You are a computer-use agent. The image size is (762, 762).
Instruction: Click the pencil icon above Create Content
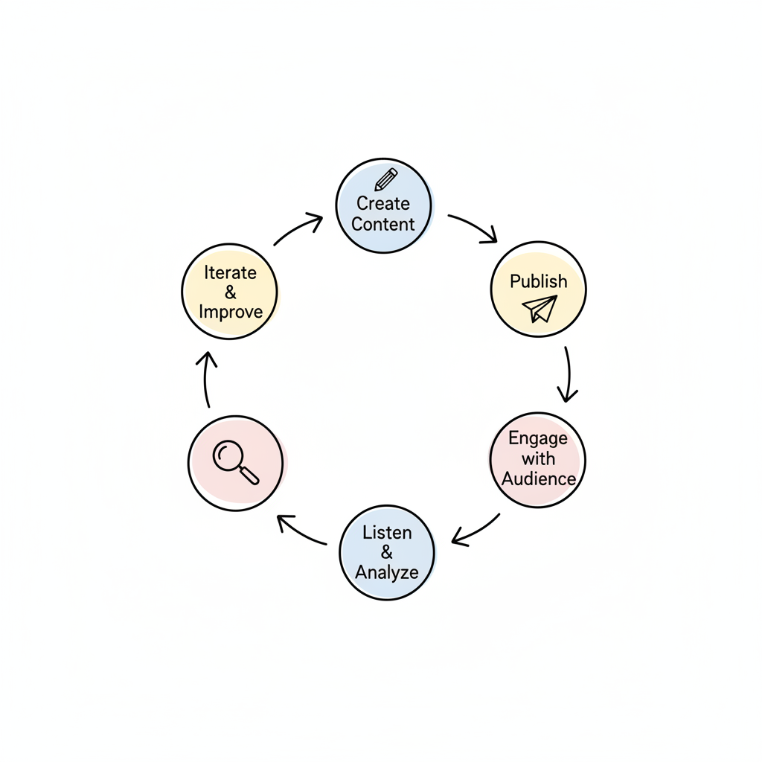pos(386,179)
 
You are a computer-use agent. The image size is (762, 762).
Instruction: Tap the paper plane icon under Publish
pos(540,307)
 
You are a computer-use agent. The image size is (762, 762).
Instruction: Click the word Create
pos(383,203)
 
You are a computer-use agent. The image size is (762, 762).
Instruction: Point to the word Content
pos(383,224)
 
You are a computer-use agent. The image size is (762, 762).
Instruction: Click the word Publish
pos(539,281)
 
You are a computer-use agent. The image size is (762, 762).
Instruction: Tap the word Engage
pos(538,438)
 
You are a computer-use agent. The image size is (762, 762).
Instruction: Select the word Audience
pos(539,478)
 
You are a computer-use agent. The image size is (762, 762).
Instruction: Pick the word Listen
pos(387,532)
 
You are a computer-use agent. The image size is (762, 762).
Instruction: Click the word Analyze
pos(387,572)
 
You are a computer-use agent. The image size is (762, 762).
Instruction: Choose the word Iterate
pos(230,272)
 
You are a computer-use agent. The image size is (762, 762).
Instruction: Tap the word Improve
pos(231,311)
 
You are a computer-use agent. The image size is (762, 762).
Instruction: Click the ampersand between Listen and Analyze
pos(387,552)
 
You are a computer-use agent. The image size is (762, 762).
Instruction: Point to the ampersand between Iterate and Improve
pos(230,292)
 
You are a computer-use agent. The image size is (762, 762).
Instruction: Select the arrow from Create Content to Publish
pos(473,227)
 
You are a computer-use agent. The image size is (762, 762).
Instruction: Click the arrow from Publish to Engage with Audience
pos(568,374)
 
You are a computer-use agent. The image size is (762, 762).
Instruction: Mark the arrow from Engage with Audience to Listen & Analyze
pos(476,530)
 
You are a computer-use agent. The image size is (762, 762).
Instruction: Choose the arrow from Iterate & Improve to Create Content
pos(298,228)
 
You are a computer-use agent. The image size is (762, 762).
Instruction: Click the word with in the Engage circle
pos(538,458)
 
